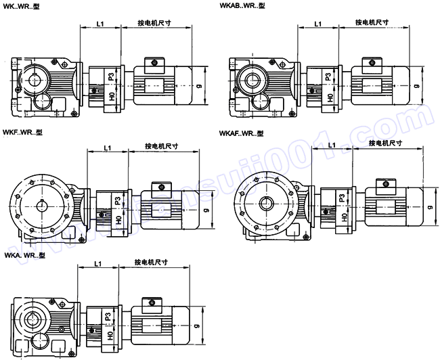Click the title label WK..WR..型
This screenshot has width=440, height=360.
click(x=24, y=5)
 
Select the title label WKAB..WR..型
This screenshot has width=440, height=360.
click(x=242, y=5)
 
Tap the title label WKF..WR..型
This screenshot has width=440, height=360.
click(x=23, y=133)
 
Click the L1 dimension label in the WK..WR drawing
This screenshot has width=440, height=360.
click(x=100, y=24)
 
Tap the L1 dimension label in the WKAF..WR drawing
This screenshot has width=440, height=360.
click(x=332, y=145)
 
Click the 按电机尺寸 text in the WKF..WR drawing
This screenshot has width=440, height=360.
click(x=162, y=145)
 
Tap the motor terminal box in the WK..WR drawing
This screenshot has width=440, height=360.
click(x=154, y=64)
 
